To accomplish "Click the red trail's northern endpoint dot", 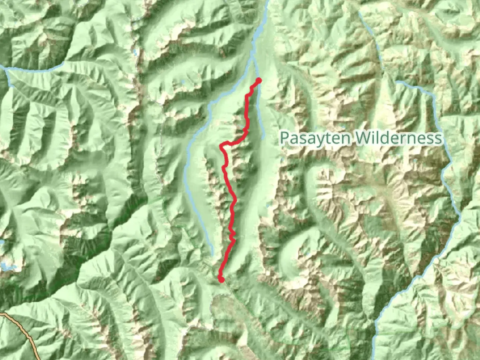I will [258, 80].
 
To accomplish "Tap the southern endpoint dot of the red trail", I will [221, 279].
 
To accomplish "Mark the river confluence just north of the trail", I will [253, 57].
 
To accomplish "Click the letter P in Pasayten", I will [284, 138].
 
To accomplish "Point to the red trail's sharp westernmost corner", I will [221, 146].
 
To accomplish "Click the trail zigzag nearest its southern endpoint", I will [232, 237].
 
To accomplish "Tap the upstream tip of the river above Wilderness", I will [397, 82].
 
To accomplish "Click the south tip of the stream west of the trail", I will [213, 255].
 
